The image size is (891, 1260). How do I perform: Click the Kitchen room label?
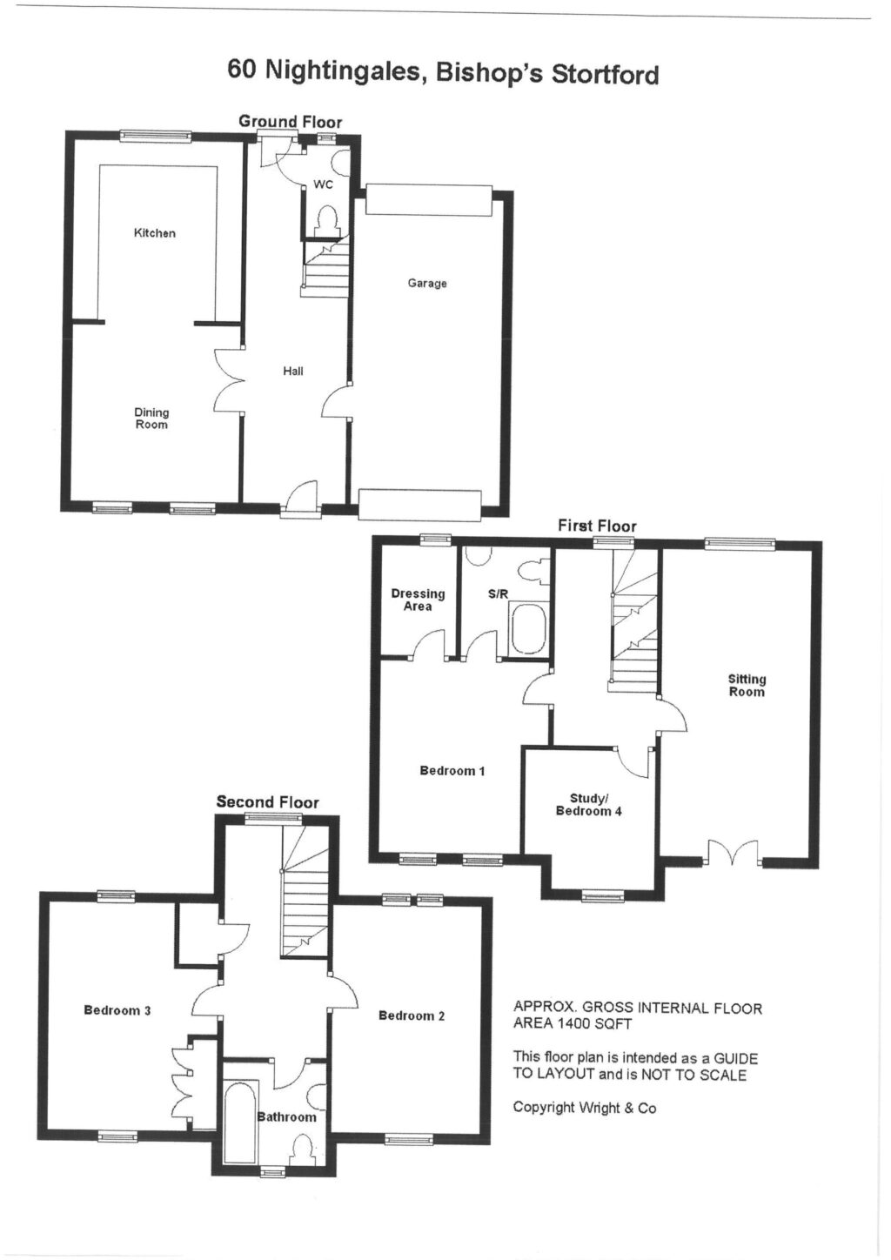(x=154, y=233)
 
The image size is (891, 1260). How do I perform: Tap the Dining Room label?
(x=151, y=419)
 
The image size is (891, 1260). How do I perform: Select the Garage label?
(x=427, y=283)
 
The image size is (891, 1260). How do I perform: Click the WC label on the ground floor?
(x=323, y=184)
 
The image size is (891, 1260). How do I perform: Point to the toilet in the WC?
(x=327, y=220)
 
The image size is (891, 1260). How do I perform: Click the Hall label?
(x=293, y=372)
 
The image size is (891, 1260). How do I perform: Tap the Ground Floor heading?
(x=290, y=122)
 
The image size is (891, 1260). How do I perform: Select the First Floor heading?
(x=597, y=526)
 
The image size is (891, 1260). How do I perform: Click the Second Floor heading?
(x=267, y=802)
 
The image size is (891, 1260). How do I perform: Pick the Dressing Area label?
(x=418, y=600)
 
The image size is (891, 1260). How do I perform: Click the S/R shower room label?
(x=498, y=594)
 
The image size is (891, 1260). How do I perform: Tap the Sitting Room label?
(x=747, y=686)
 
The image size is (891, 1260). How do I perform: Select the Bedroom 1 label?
(x=452, y=771)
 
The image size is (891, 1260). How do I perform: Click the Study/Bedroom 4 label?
(x=589, y=805)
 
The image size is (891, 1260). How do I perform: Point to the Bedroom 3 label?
(x=117, y=1010)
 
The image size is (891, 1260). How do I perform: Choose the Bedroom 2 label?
(x=412, y=1015)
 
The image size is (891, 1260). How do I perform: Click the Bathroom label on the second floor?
(x=286, y=1117)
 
